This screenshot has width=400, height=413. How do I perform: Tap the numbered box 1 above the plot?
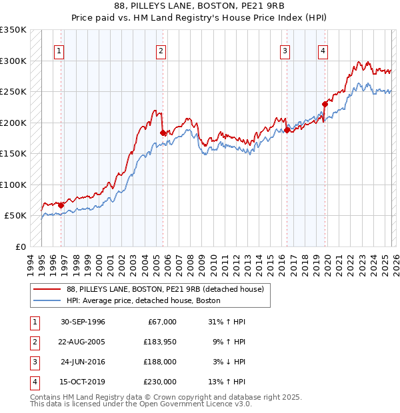coord(60,51)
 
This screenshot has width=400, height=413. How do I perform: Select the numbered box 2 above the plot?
coord(161,51)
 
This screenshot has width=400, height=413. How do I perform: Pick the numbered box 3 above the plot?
coord(285,51)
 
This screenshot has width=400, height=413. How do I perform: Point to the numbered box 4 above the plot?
coord(323,51)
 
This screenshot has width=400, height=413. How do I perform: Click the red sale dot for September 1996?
coord(61,205)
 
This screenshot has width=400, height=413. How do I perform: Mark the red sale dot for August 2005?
coord(163,133)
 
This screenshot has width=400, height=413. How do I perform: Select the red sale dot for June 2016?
coord(287,131)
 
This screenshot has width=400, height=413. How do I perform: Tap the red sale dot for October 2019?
coord(325,104)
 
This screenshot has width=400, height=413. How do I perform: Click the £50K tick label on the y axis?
coord(15,216)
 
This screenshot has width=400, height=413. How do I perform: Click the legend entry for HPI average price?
coord(143,300)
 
